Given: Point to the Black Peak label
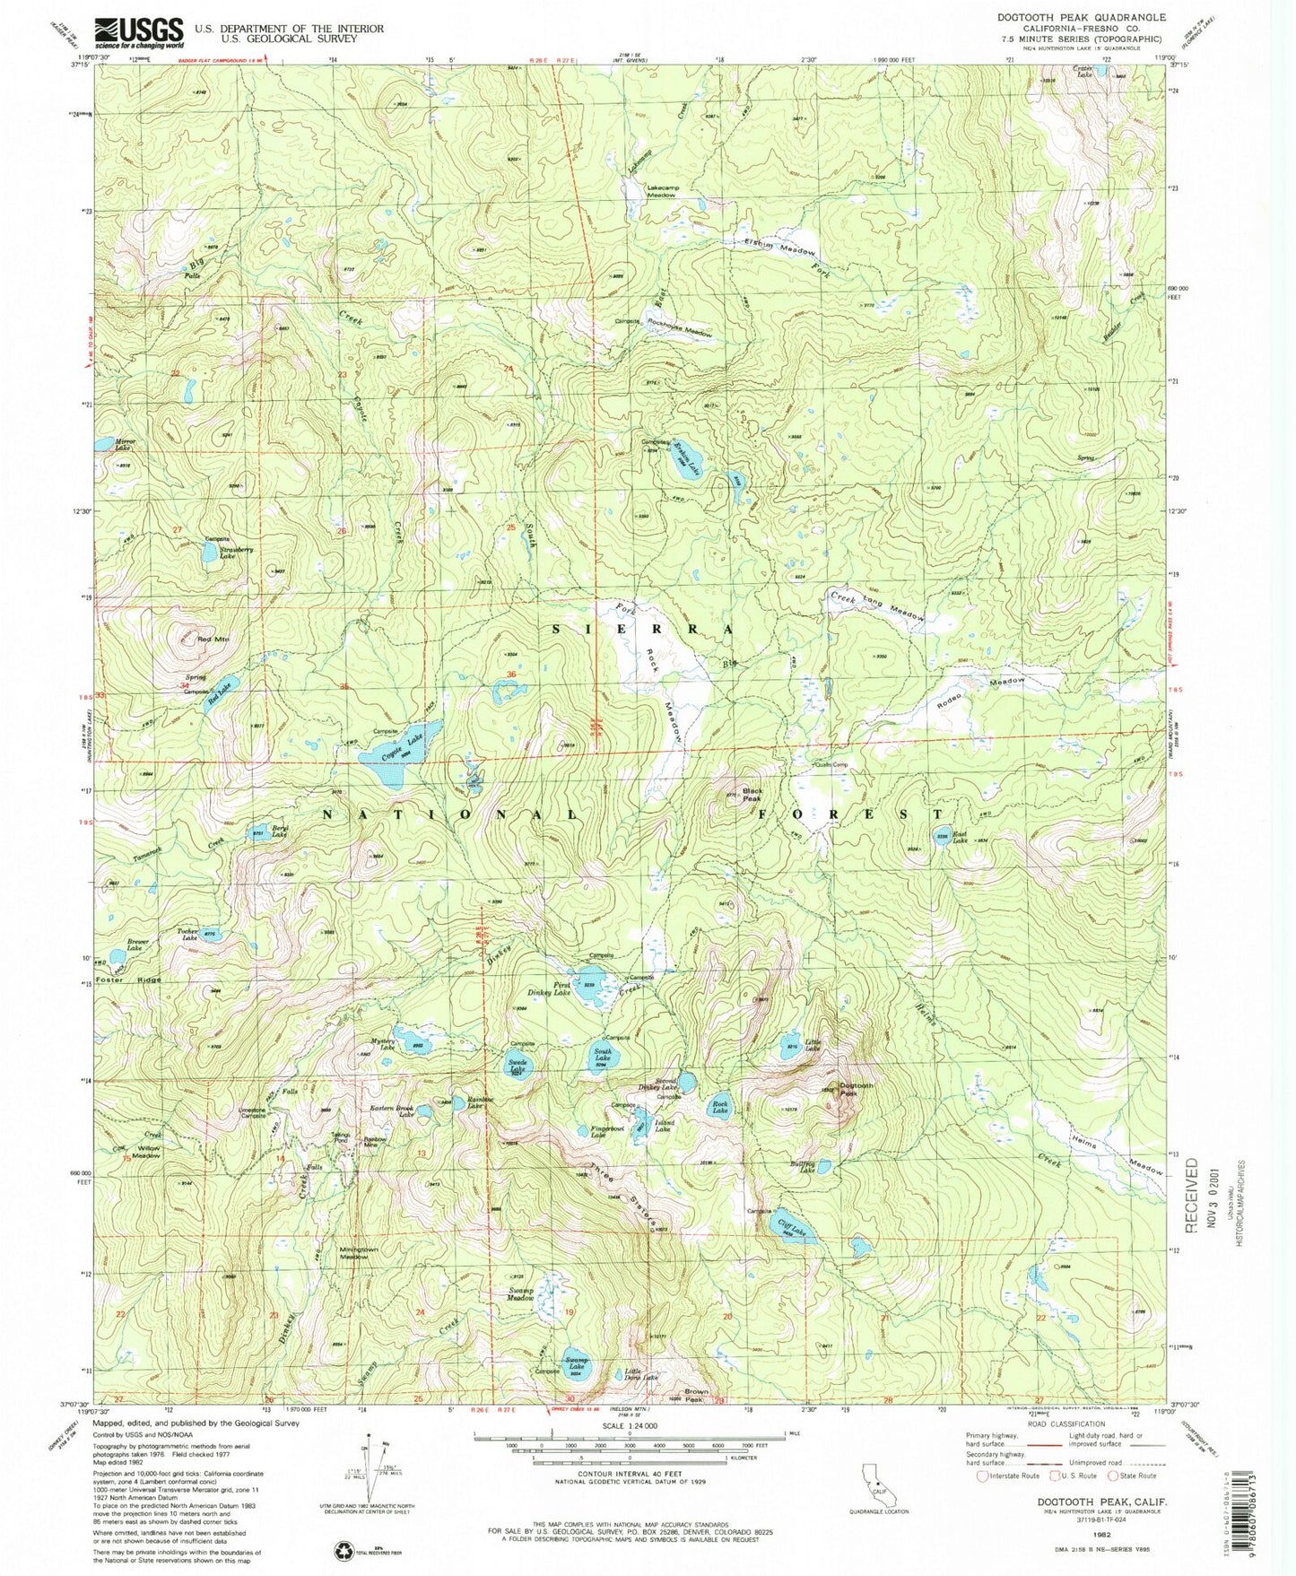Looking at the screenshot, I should pyautogui.click(x=752, y=796).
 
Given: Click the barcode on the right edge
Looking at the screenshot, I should pyautogui.click(x=1277, y=1516).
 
